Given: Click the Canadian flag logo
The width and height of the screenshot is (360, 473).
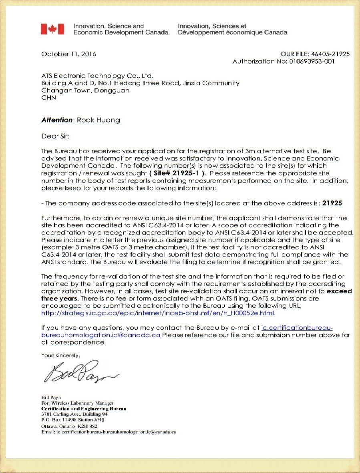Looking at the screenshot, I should point(52,29).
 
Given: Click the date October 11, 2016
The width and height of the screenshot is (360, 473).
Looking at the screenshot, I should point(68,54).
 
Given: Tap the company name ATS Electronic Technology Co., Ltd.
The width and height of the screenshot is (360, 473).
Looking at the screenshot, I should point(97,76).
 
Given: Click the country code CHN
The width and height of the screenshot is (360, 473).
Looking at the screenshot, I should point(48,97).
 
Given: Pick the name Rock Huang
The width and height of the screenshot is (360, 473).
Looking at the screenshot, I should point(98,120).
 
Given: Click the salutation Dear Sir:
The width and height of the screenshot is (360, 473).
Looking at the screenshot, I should point(55,136).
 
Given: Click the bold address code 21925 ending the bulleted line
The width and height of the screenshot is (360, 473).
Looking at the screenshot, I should point(332,203).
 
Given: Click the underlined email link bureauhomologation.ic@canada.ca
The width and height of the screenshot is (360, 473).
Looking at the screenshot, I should point(101,335).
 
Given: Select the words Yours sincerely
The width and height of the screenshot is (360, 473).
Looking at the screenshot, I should point(60,355).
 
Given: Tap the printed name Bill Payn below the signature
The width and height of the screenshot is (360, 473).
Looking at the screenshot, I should point(51,397).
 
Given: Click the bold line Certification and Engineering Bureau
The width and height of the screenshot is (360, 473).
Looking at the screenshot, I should point(84,409).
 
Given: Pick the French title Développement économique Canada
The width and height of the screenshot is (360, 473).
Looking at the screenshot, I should point(232,32).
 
